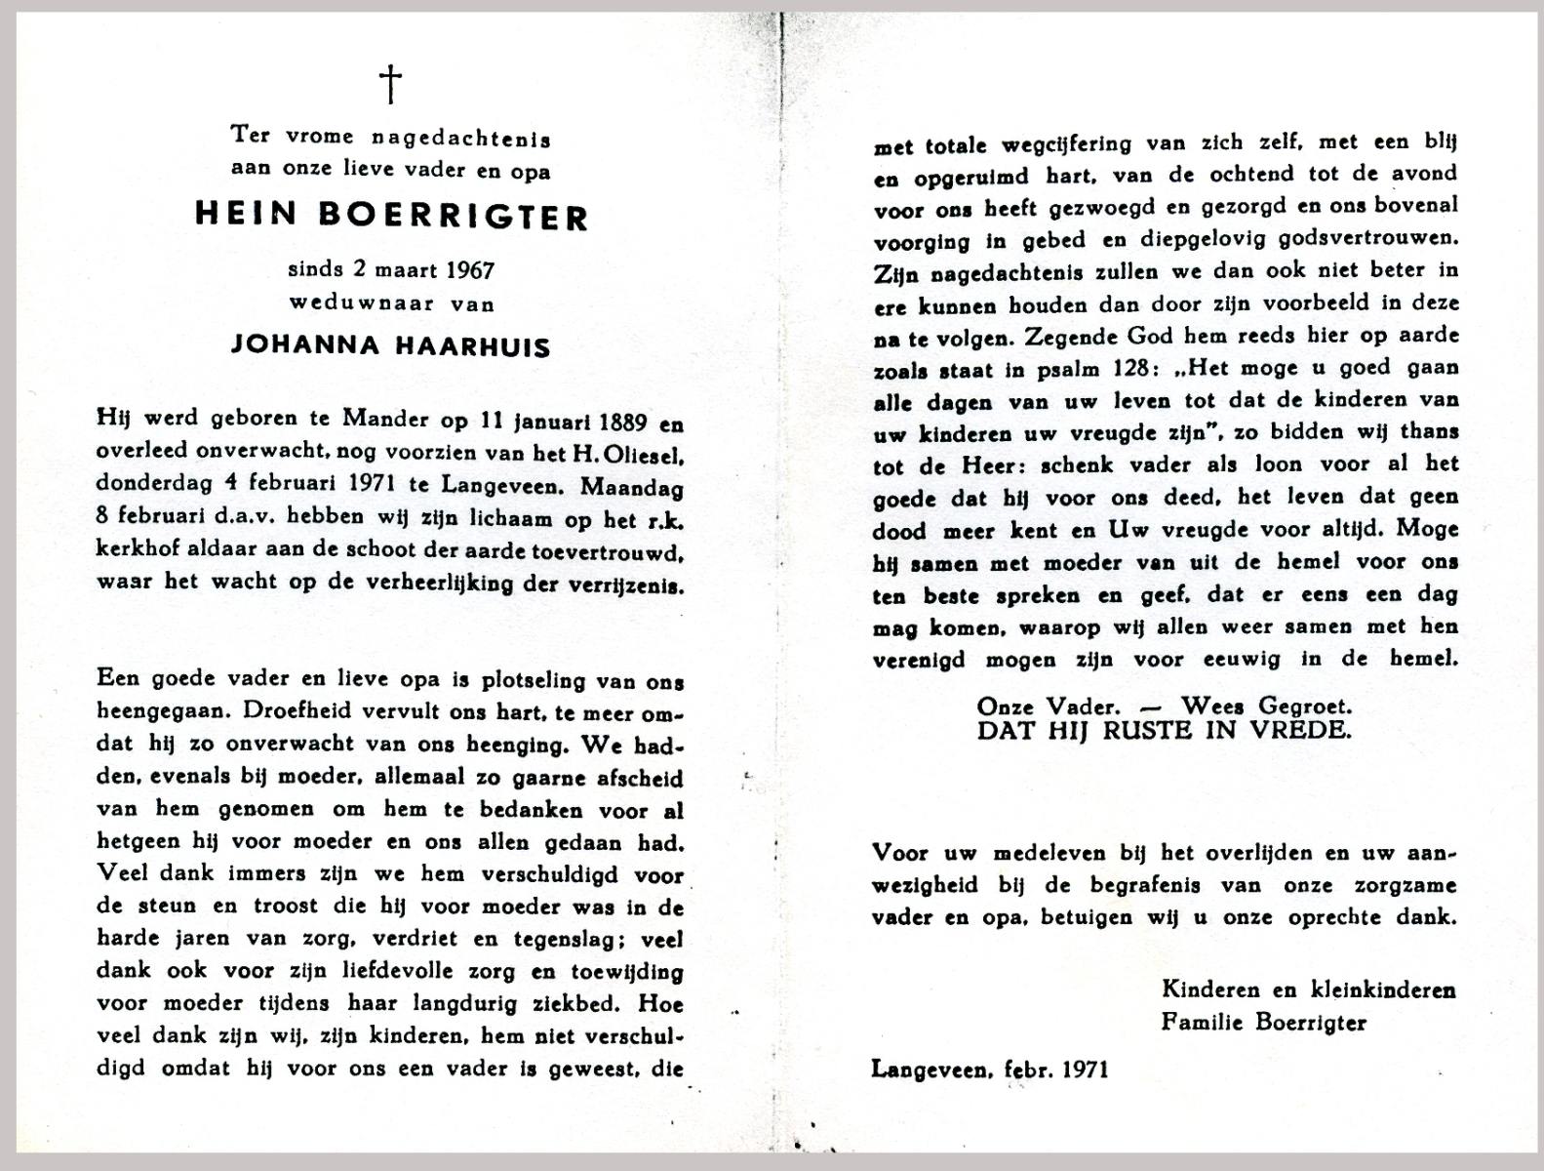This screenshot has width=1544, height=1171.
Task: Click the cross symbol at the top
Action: coord(390,84)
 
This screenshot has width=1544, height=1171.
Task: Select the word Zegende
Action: coord(1069,337)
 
